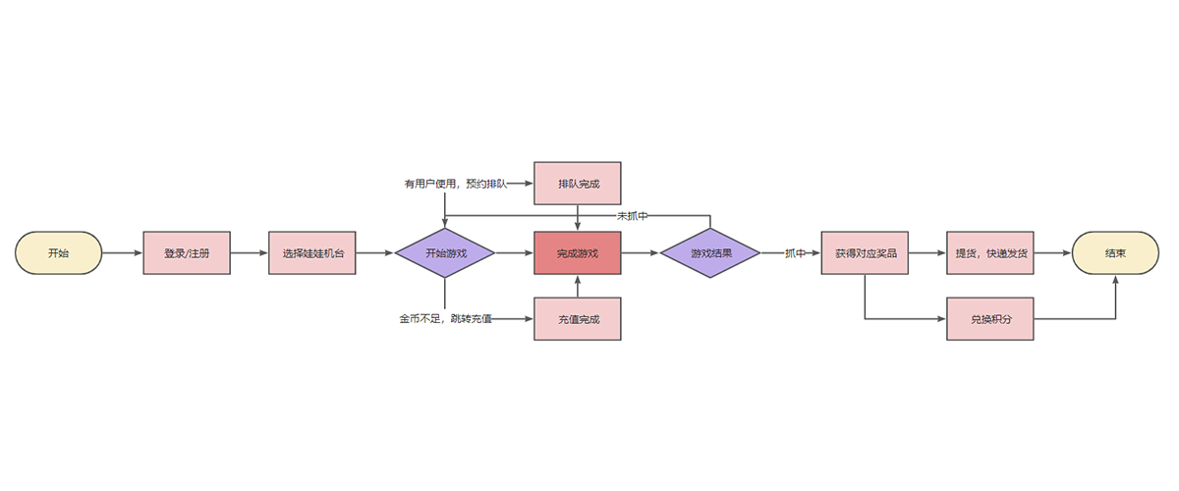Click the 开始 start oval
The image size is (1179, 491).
[58, 253]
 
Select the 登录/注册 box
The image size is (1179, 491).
[187, 253]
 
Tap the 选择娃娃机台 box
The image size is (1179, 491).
[312, 253]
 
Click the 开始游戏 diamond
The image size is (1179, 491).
[445, 253]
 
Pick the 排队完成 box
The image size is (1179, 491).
[578, 184]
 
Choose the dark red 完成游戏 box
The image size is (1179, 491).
[578, 253]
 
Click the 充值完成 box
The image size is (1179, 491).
[578, 318]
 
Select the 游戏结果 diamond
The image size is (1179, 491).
[710, 253]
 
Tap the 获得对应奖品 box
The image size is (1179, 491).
[866, 253]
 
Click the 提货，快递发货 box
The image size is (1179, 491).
[990, 253]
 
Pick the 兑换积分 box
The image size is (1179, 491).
[990, 318]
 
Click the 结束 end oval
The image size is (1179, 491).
[1115, 253]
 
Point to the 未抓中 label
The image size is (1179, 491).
[632, 215]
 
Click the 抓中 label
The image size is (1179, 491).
[795, 253]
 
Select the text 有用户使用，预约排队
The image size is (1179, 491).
[455, 184]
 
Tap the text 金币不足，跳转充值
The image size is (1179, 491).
[445, 318]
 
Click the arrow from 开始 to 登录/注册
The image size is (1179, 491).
[122, 253]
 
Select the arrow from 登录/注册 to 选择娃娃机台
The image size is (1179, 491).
[250, 253]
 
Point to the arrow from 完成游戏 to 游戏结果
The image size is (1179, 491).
[641, 253]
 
